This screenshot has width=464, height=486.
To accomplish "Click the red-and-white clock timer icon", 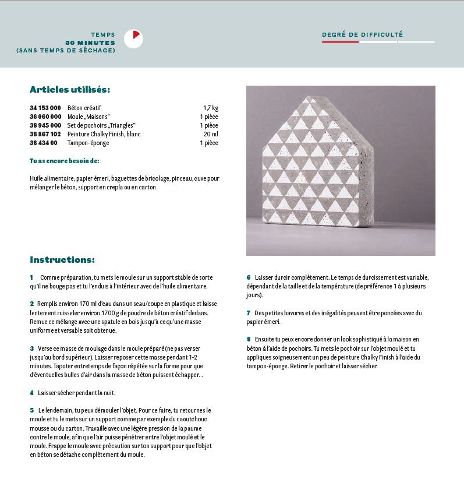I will [133, 38].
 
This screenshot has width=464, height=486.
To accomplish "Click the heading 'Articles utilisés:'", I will [70, 89].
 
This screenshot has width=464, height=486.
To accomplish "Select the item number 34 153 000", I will [45, 108].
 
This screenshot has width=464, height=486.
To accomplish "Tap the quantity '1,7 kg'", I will [211, 108].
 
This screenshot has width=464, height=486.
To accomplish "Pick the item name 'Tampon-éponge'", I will [88, 143].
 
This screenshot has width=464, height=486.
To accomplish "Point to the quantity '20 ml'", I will [211, 134].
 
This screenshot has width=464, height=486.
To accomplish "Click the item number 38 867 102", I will [45, 134].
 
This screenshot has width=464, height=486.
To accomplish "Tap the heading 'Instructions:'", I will [62, 259].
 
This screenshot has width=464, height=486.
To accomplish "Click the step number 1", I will [31, 277].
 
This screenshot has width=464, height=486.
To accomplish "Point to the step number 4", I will [31, 393].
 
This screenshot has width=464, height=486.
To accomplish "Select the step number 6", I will [249, 277].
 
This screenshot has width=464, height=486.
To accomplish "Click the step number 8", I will [249, 339].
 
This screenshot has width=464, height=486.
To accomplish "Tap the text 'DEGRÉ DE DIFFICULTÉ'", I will [362, 35].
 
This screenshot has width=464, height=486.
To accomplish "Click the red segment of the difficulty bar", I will [340, 42].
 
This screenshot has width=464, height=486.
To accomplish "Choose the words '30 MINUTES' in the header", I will [90, 43].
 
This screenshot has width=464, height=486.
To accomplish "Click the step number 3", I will [31, 348].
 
